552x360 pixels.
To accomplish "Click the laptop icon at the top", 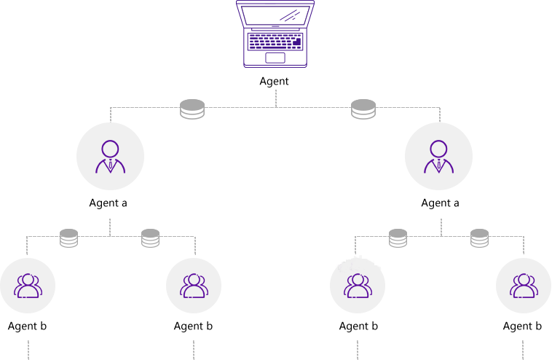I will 275,34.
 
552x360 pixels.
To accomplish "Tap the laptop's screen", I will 275,15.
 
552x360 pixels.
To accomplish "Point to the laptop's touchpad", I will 275,57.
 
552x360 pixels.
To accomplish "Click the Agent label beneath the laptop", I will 275,82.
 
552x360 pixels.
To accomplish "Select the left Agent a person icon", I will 110,156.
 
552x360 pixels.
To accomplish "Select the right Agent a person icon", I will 438,156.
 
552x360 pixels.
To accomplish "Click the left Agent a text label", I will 109,203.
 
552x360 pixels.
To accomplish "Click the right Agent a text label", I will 440,203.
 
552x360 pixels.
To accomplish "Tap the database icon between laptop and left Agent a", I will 192,109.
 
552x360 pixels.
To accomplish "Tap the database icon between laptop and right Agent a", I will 363,109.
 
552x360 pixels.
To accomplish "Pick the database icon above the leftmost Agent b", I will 69,238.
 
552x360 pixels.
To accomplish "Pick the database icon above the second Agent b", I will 151,238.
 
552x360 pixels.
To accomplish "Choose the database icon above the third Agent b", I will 398,238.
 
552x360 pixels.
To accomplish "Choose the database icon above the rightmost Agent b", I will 479,238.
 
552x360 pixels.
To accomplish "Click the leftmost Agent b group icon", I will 28,286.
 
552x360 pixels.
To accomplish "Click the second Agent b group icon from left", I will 194,286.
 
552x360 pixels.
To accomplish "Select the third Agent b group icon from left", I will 358,286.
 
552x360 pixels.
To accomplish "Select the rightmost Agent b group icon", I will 523,286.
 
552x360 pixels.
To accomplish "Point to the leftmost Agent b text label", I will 28,326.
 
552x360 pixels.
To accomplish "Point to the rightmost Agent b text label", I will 522,326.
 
